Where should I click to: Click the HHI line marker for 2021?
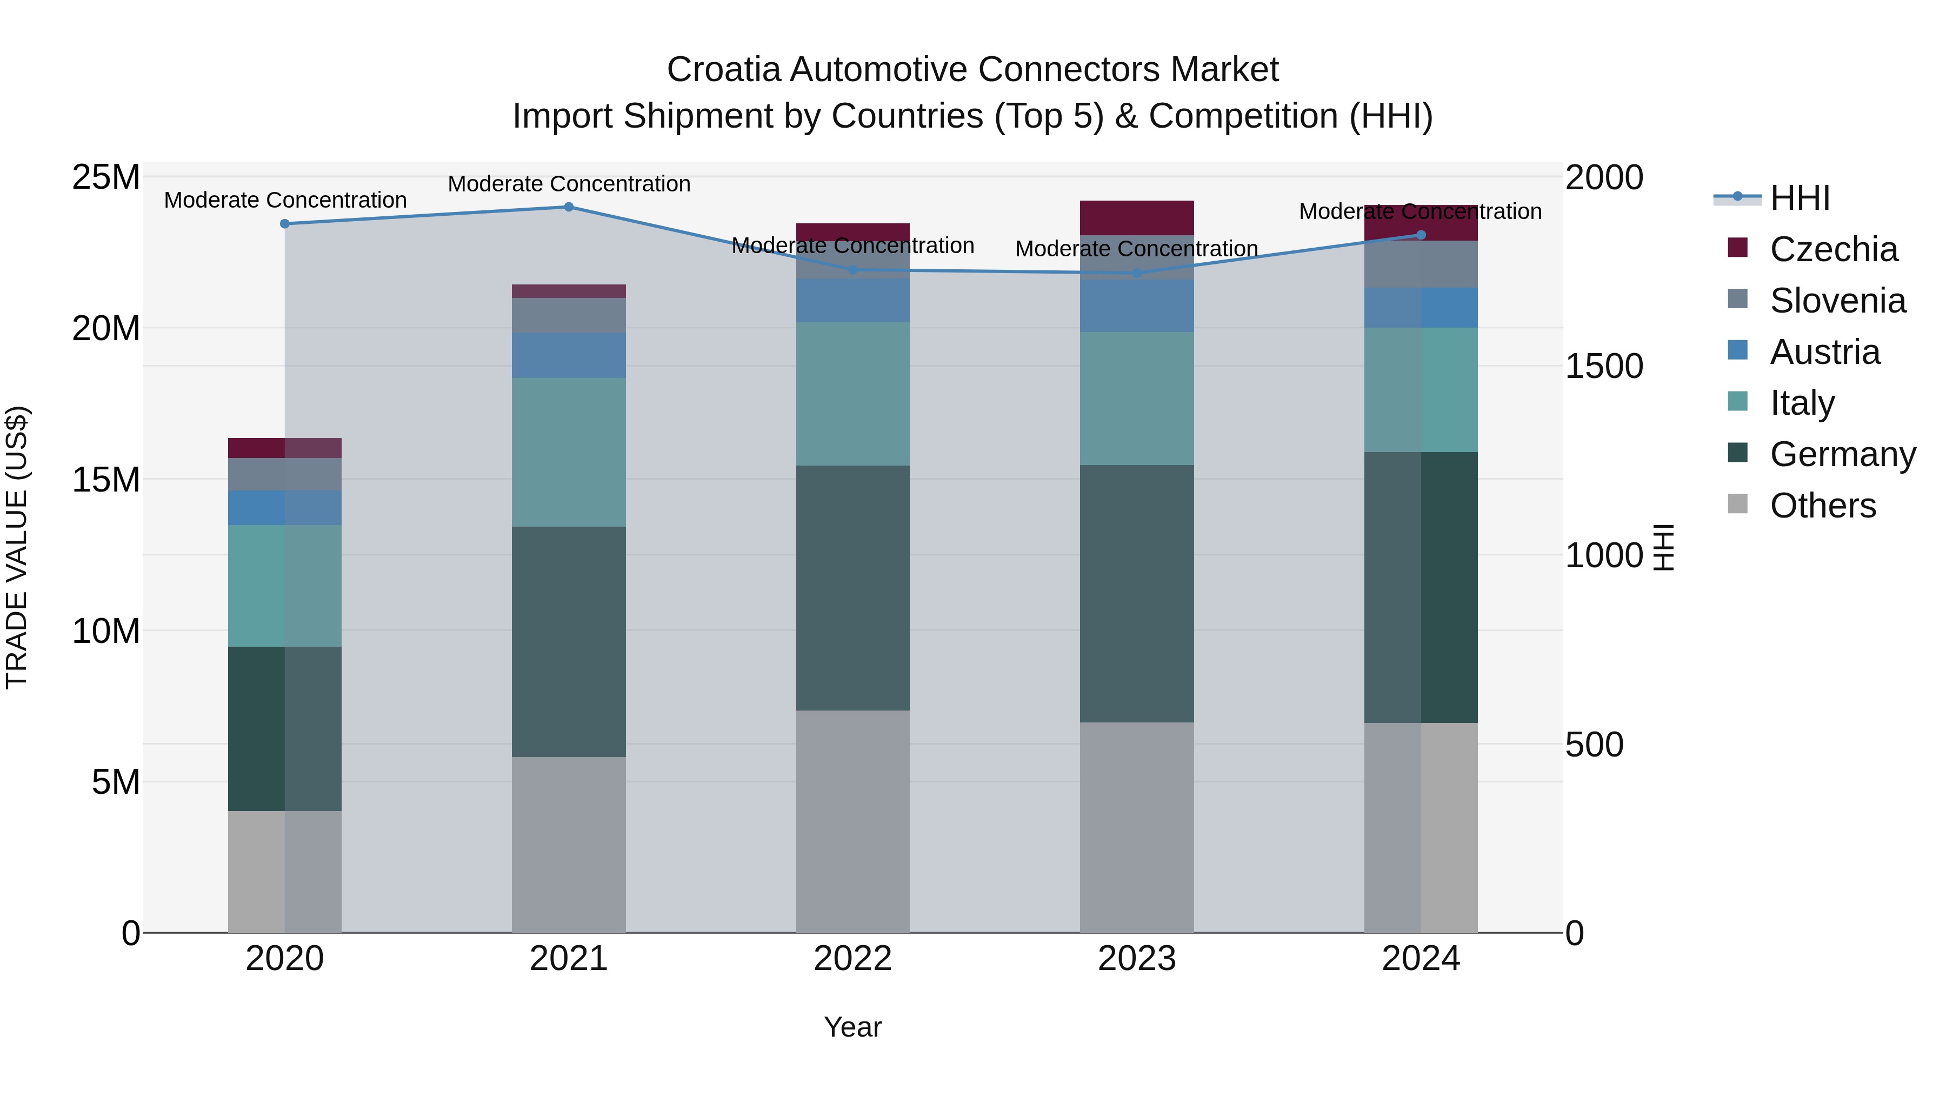569,207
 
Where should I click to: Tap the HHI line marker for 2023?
1137,273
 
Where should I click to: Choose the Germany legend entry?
1842,454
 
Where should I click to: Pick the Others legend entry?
1822,506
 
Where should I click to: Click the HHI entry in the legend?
1800,198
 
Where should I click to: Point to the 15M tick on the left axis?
106,480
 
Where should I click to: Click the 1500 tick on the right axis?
1604,367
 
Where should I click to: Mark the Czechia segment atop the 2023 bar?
1137,217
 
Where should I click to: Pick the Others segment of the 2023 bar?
1137,827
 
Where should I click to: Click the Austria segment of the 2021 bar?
569,355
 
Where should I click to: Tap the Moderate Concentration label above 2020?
285,200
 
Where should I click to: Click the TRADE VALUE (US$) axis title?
17,547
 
